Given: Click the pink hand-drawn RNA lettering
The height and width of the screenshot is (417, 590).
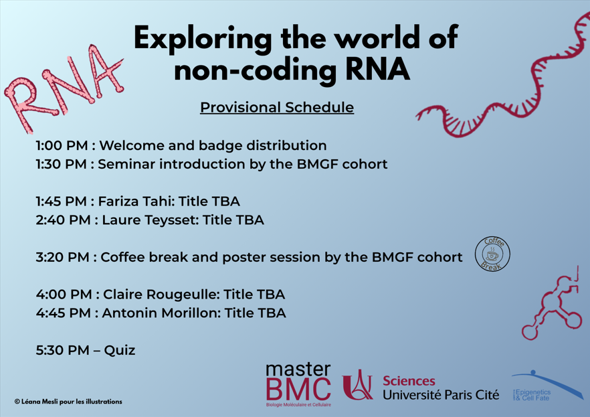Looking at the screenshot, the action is pos(64,88).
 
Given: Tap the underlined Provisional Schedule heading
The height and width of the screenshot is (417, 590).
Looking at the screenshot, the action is pos(277,108).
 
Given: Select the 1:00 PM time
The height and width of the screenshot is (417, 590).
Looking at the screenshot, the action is pos(62,146).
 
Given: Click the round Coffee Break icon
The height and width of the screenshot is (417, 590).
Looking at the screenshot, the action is pos(492,254).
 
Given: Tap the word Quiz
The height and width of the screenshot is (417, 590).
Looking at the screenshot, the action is pos(120,351).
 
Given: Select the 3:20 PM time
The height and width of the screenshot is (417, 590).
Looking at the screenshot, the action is pos(62,258).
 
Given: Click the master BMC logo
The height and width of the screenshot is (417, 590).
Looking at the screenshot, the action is pos(298,385).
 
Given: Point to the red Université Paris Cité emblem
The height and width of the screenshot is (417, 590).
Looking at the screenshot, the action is pos(357,385).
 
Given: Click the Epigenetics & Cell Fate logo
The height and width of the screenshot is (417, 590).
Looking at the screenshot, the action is pos(547,386).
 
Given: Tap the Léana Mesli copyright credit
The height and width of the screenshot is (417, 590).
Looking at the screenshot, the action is pos(68,402).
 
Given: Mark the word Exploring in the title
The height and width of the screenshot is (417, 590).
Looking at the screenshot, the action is pos(203,39).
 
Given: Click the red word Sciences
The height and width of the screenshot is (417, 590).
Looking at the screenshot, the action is pos(409,381).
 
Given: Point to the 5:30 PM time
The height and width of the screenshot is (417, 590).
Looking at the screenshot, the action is pos(62,350).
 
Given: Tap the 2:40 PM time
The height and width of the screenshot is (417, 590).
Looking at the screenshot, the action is pos(63,220).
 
